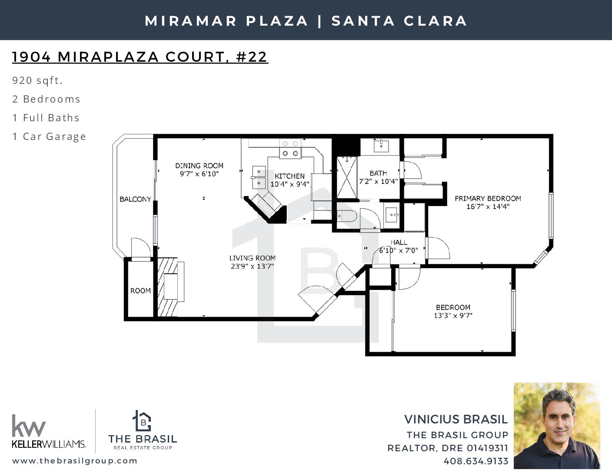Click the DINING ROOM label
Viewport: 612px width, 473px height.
coord(199,166)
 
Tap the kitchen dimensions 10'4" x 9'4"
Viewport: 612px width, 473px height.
coord(289,184)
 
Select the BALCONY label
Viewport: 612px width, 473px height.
coord(135,200)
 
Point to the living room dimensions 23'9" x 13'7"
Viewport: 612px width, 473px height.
coord(253,266)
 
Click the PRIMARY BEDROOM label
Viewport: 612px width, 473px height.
coord(488,199)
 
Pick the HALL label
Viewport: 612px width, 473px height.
coord(399,242)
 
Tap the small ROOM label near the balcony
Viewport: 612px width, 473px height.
coord(140,291)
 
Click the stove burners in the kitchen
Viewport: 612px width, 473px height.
coord(290,149)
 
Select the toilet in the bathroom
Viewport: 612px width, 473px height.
coord(347,216)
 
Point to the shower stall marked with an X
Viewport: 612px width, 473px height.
coord(347,178)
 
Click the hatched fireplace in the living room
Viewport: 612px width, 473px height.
coord(168,287)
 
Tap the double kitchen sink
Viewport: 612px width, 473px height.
coord(259,177)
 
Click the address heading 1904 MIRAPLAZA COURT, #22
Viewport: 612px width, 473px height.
coord(140,57)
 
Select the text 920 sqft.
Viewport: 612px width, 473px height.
coord(37,80)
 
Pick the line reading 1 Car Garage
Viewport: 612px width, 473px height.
coord(49,137)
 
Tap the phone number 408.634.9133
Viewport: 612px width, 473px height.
coord(476,461)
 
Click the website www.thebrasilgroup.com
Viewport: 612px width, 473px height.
coord(75,461)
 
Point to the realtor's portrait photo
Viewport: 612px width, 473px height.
coord(557,426)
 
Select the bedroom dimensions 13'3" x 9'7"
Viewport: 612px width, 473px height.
coord(453,316)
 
